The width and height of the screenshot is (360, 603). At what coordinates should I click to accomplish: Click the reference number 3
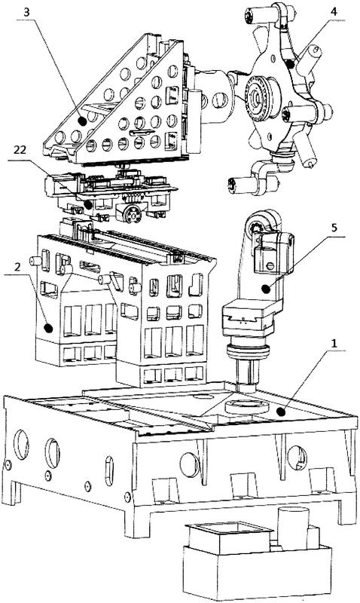pyautogui.click(x=26, y=12)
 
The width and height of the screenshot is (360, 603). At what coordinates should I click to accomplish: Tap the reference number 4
pyautogui.click(x=334, y=11)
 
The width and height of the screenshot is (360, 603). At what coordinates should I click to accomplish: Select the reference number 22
pyautogui.click(x=20, y=150)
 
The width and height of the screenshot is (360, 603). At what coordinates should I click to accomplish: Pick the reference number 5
pyautogui.click(x=334, y=228)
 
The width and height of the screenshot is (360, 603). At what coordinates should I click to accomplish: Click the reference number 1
pyautogui.click(x=334, y=343)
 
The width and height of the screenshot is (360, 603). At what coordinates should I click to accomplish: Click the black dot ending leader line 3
pyautogui.click(x=82, y=121)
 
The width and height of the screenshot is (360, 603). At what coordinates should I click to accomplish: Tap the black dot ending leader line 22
pyautogui.click(x=88, y=204)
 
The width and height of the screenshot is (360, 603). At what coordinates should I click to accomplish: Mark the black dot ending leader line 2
pyautogui.click(x=48, y=328)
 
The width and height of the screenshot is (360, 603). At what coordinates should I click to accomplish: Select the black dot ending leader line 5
pyautogui.click(x=265, y=288)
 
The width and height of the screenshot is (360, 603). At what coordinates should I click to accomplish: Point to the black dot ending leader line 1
pyautogui.click(x=282, y=412)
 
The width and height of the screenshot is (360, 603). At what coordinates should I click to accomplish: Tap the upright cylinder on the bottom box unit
pyautogui.click(x=293, y=529)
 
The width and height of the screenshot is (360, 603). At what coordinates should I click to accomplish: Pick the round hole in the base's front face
pyautogui.click(x=191, y=464)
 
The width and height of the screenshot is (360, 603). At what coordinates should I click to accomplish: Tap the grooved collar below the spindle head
pyautogui.click(x=248, y=352)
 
